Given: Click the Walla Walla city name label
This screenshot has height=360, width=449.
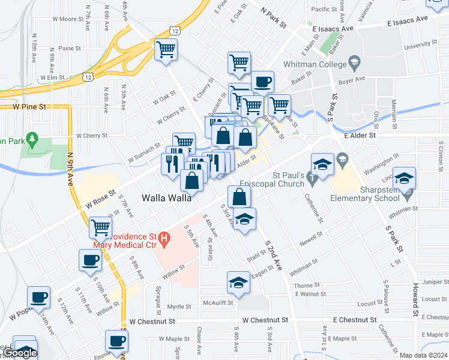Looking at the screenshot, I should [167, 197].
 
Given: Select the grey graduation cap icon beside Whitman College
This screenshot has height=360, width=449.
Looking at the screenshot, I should [355, 63].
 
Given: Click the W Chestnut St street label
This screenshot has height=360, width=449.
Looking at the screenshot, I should [146, 321].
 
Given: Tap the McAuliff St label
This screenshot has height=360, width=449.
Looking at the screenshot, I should [217, 303].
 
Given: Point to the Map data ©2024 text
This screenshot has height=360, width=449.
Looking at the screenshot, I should [423, 355].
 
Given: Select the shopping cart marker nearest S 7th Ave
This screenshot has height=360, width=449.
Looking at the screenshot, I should [100, 228].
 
